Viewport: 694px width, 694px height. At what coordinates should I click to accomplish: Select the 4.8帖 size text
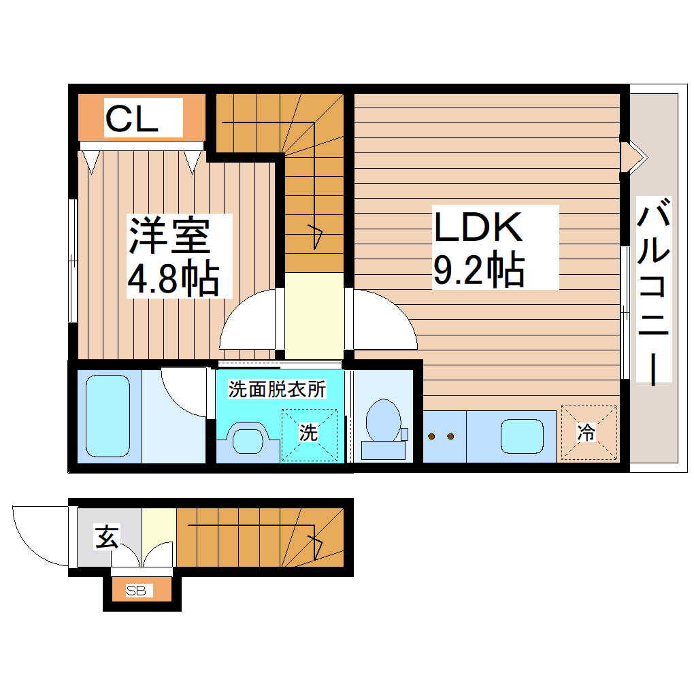tap(173, 278)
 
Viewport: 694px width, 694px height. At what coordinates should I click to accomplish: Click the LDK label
tap(478, 227)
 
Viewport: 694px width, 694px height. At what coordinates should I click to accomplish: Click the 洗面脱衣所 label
tap(277, 390)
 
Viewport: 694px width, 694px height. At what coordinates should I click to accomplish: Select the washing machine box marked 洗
tap(310, 433)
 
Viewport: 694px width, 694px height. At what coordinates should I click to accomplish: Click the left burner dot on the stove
tap(431, 436)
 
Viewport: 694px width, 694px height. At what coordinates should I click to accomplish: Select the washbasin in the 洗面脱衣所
tap(246, 440)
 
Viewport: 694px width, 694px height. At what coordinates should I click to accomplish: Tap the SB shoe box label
tap(136, 591)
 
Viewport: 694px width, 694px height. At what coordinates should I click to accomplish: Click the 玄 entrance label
tap(106, 537)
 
